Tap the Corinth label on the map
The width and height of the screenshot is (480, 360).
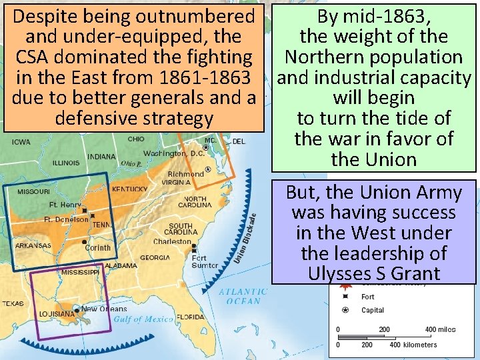[x=98, y=247]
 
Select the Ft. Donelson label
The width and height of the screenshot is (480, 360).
[x=66, y=219]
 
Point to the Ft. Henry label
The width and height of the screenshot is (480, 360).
[x=65, y=205]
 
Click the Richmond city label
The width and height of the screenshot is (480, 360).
[x=186, y=174]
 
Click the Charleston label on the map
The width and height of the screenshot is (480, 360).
[x=172, y=241]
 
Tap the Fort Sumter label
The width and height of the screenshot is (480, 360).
[x=204, y=261]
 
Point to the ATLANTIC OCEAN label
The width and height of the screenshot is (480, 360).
[x=243, y=296]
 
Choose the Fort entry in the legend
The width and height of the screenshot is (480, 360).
[x=367, y=297]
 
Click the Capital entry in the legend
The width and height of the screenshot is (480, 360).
[x=372, y=310]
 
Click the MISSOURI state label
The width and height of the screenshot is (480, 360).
[x=33, y=191]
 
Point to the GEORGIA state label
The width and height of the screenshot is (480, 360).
[x=155, y=257]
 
